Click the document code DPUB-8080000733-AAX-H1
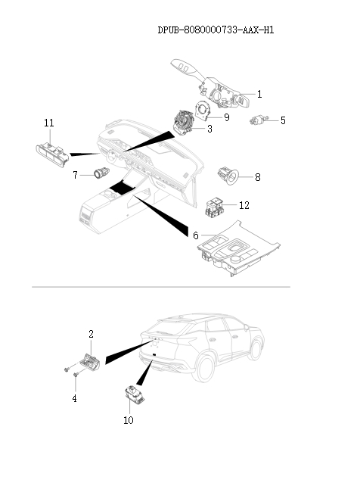216,30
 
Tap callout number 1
259,95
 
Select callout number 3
209,129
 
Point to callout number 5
283,120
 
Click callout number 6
195,235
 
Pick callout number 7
76,175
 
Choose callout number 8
257,177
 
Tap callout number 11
49,123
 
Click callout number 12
244,205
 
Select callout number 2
92,333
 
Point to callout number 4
75,397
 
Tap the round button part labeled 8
228,176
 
